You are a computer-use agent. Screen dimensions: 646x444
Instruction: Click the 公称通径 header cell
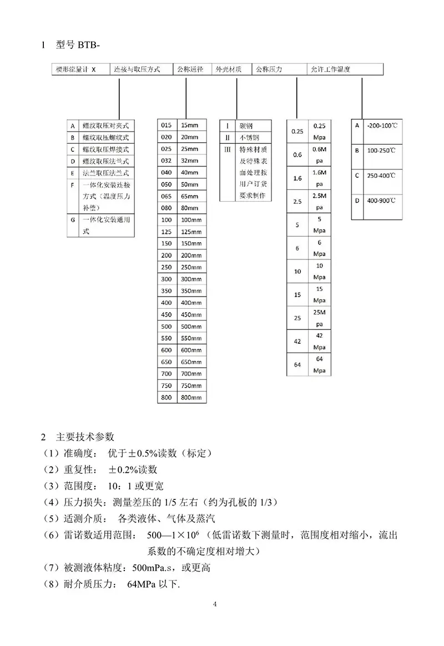pyautogui.click(x=190, y=70)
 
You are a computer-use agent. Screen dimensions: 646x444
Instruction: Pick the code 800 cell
pyautogui.click(x=167, y=398)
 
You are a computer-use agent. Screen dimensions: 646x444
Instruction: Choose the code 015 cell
pyautogui.click(x=167, y=125)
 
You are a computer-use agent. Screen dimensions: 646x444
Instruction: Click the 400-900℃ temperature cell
pyautogui.click(x=381, y=200)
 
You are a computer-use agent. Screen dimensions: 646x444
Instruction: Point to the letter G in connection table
pyautogui.click(x=72, y=219)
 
